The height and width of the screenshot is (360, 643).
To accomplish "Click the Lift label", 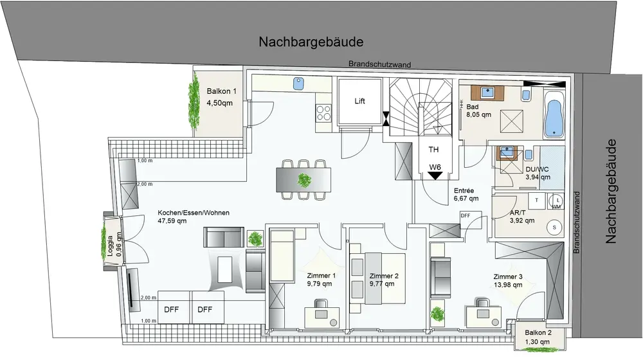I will coord(360,101).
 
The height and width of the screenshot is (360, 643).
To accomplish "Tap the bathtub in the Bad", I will coord(554,116).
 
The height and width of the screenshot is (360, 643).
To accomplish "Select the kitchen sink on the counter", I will coord(299,83).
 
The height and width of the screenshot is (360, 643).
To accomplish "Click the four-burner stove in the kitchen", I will coord(323,114).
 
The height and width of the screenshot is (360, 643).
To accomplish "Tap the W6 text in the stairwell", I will coord(435,168).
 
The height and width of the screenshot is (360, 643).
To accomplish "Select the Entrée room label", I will coord(464,191).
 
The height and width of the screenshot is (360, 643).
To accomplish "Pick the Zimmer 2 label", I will coord(385,276).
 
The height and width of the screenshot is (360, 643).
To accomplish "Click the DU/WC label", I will coord(538,169).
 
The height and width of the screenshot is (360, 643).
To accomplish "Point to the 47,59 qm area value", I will coord(172,221).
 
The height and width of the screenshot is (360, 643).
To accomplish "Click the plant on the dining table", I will coord(303,178).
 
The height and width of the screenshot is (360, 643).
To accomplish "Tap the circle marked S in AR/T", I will coord(552,227).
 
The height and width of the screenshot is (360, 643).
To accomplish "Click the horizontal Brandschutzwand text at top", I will coord(379,64).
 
